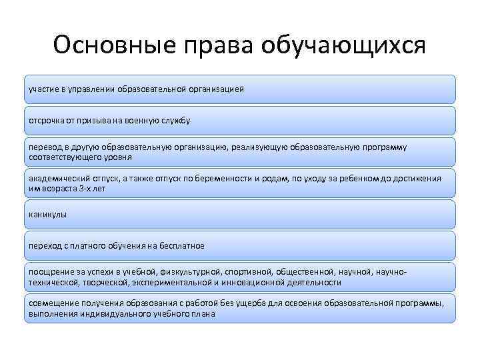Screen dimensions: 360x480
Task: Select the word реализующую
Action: pyautogui.click(x=259, y=147)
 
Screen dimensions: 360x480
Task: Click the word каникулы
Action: pyautogui.click(x=48, y=215)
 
